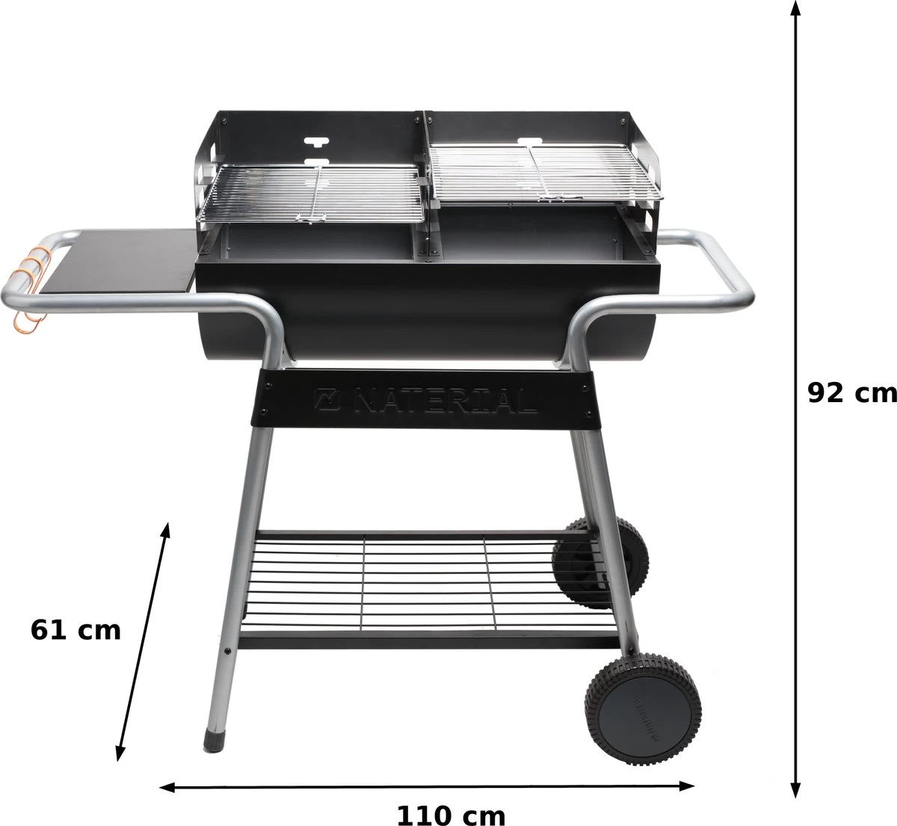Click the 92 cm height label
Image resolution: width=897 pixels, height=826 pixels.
click(x=851, y=392)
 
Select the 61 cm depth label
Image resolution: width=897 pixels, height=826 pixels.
click(x=75, y=629)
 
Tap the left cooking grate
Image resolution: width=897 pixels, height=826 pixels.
click(x=314, y=192)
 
